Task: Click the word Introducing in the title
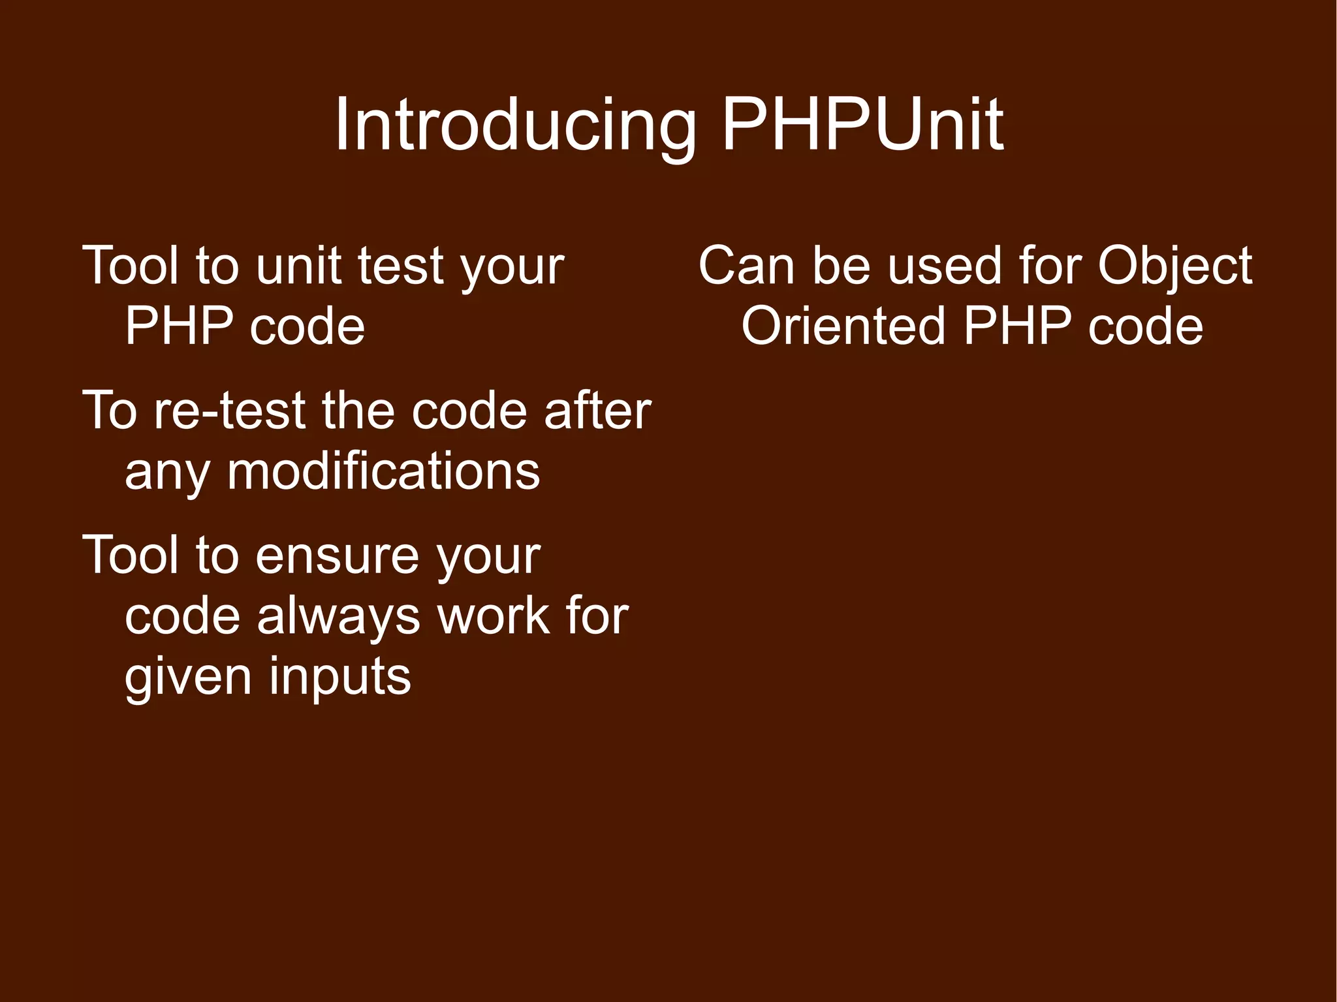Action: pos(515,125)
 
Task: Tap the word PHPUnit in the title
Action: pos(862,125)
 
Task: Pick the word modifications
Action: pos(383,471)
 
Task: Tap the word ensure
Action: pos(337,556)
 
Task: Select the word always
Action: pos(339,617)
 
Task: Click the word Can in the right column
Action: pos(746,266)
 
